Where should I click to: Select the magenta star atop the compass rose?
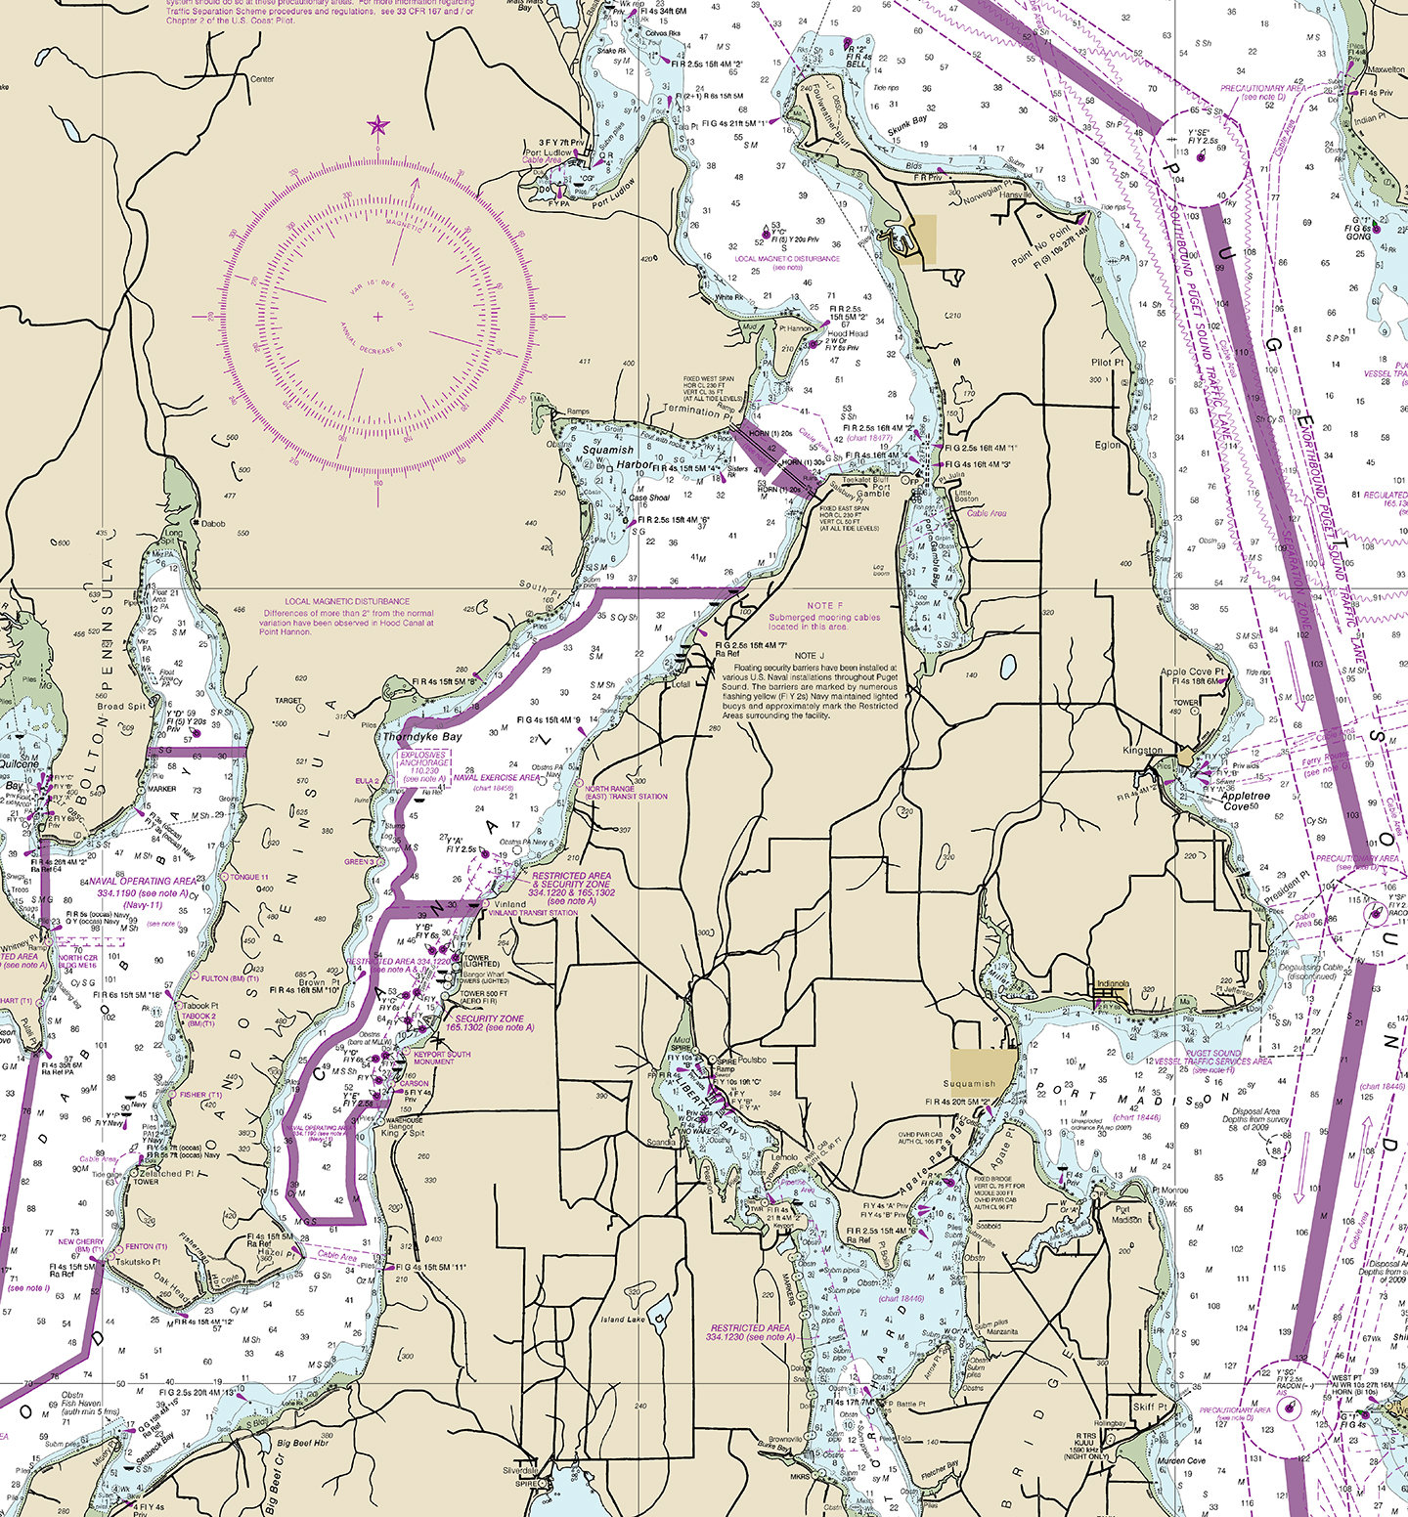pos(378,125)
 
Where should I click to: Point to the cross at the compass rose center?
pos(378,317)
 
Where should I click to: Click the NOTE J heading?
pos(810,655)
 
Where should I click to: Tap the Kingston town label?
pos(1142,751)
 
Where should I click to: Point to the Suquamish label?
pos(969,1083)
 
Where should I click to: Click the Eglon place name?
pos(1108,445)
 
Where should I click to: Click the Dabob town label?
pos(212,524)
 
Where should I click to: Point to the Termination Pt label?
pos(695,411)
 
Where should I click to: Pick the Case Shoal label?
pos(649,498)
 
